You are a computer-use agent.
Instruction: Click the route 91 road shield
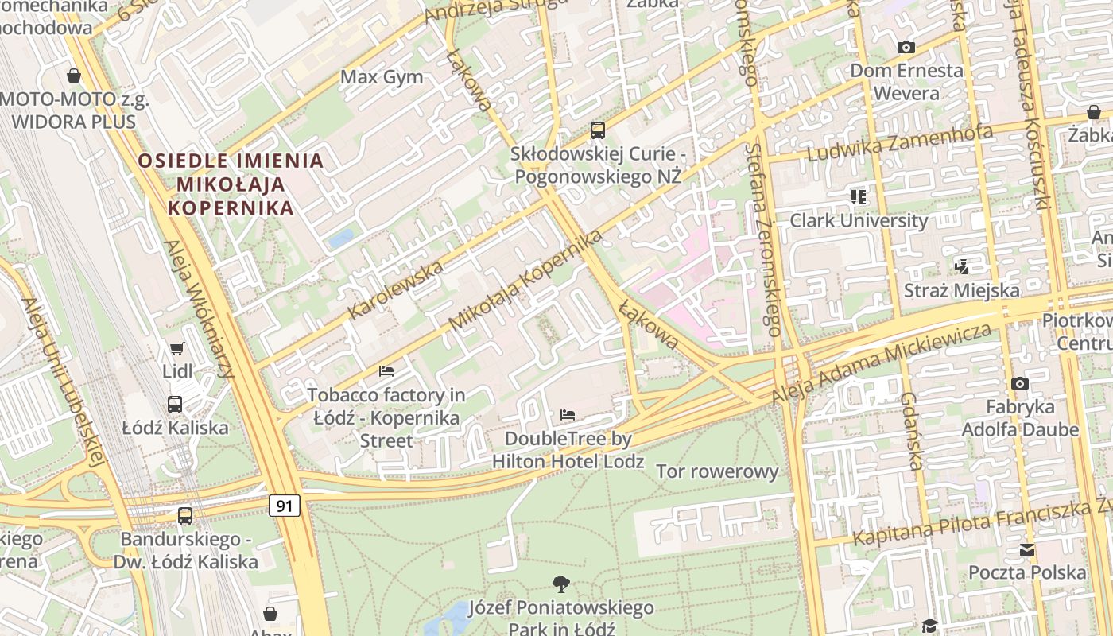tap(285, 506)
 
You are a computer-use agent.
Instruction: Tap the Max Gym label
tap(382, 77)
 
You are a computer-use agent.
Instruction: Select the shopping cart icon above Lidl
tap(176, 349)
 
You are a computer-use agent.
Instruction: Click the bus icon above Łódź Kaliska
tap(175, 405)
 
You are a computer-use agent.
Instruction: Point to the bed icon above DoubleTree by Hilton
tap(568, 415)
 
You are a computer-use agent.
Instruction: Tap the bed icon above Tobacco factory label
tap(386, 371)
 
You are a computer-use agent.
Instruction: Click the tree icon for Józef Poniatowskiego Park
tap(561, 584)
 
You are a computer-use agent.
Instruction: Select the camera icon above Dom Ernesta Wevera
tap(906, 48)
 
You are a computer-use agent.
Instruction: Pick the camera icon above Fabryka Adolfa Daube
tap(1020, 384)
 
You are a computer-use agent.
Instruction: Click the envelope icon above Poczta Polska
tap(1027, 550)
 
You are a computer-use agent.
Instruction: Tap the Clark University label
tap(859, 220)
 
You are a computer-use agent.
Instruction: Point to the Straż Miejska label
tap(962, 290)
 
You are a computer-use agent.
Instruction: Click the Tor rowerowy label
tap(717, 471)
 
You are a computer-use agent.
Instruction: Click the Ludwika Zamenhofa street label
tap(900, 143)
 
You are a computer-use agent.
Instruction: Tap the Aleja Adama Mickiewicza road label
tap(882, 363)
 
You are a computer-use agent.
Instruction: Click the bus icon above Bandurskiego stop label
tap(185, 516)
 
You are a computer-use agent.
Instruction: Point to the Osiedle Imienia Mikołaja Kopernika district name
tap(231, 184)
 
